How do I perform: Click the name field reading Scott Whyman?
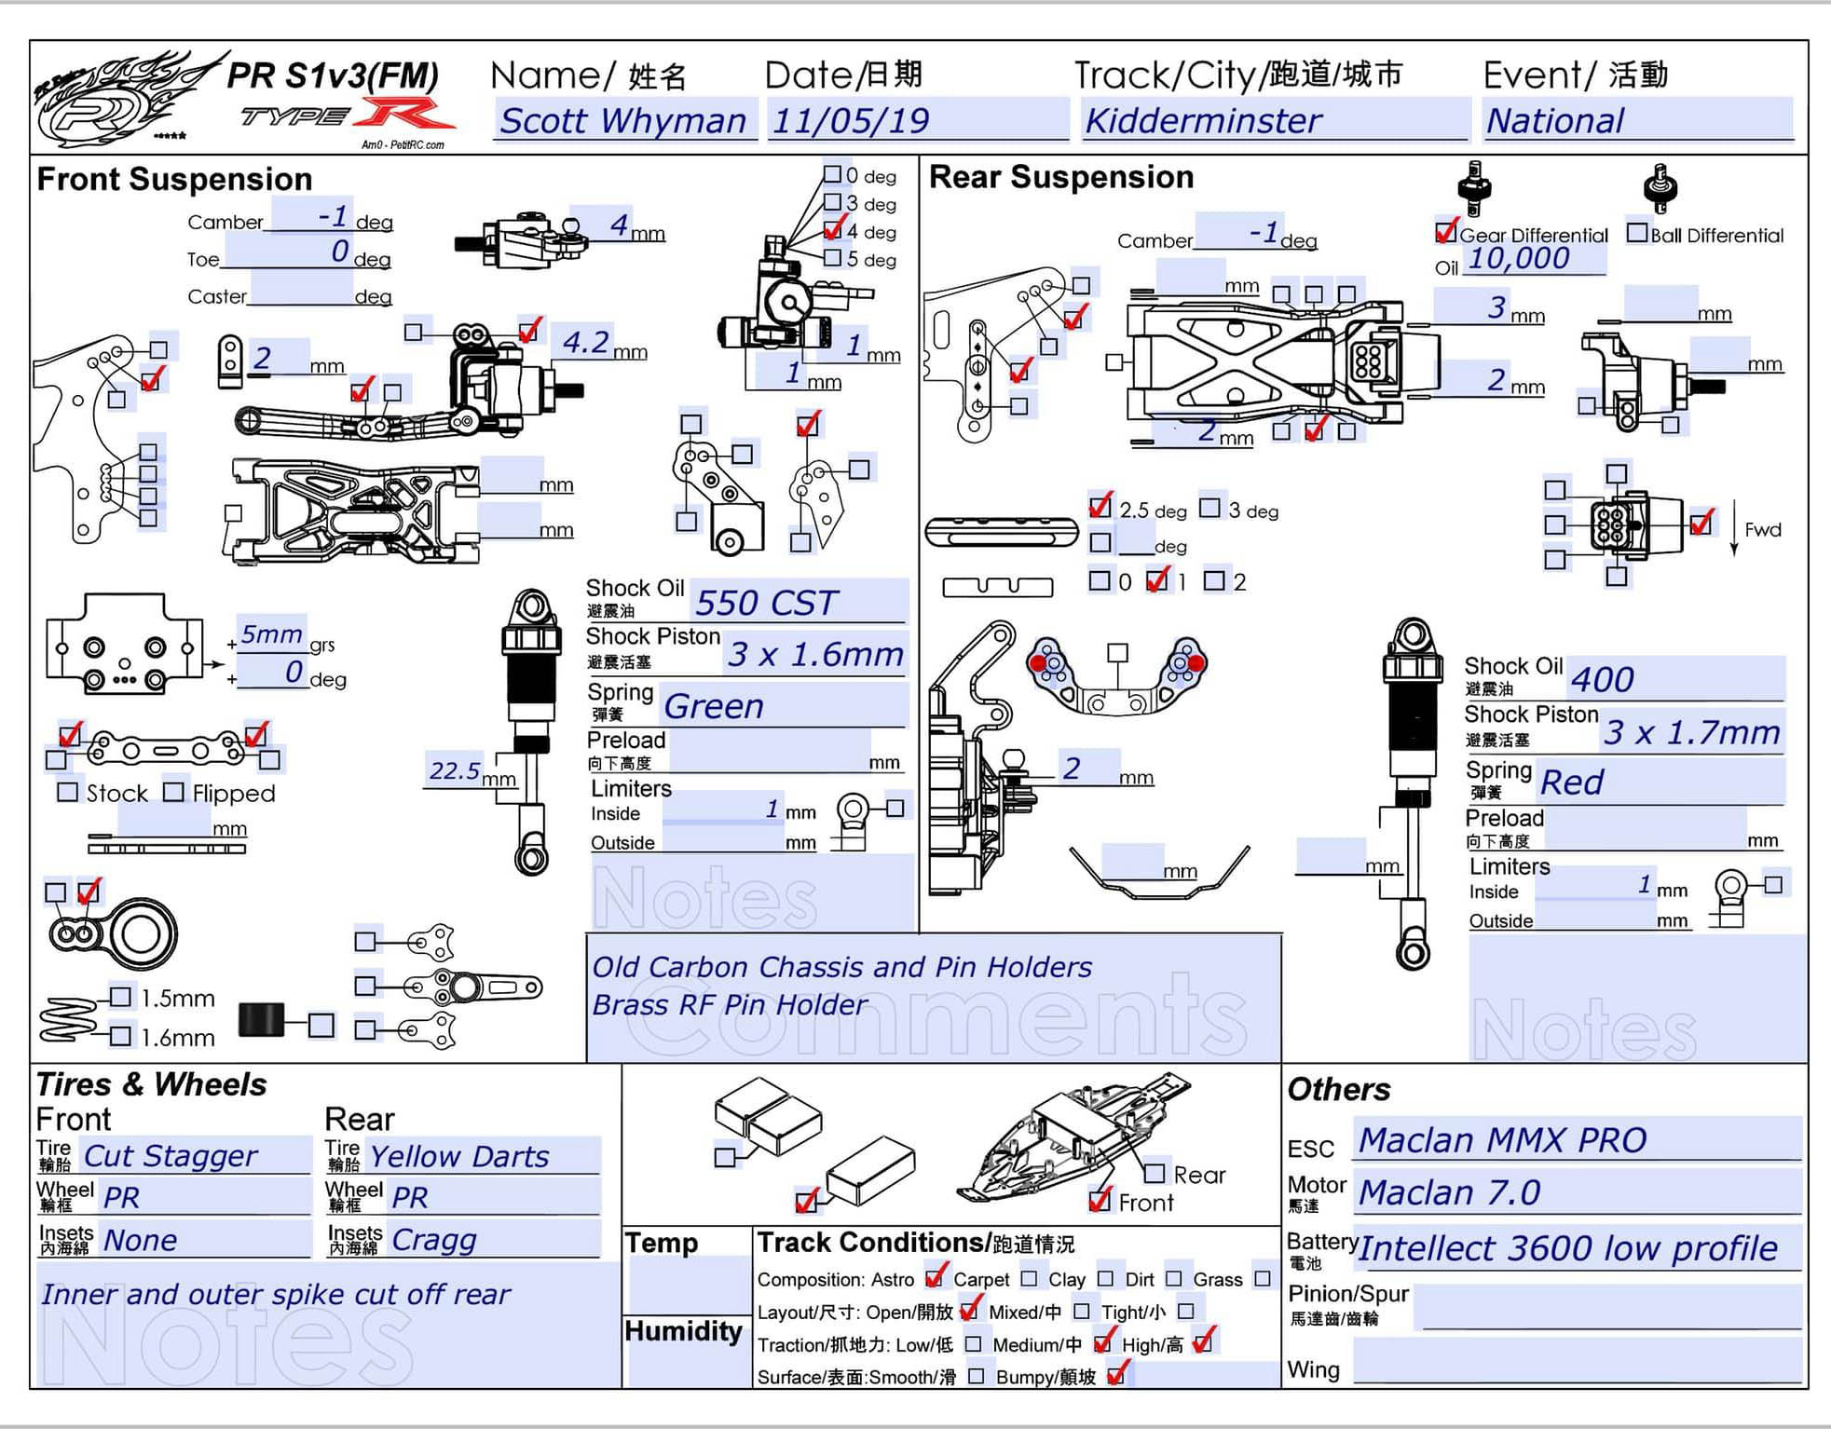tap(623, 121)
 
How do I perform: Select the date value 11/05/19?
tap(851, 121)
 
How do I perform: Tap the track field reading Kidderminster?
tap(1203, 121)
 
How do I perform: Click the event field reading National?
tap(1554, 121)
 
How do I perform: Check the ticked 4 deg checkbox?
tap(833, 229)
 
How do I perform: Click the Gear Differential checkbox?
tap(1446, 231)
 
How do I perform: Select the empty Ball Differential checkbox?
tap(1636, 232)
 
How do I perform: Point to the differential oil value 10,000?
tap(1519, 258)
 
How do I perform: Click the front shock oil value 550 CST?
tap(766, 603)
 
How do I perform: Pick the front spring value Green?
tap(714, 706)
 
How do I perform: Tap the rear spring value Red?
tap(1572, 783)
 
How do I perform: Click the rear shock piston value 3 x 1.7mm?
tap(1691, 733)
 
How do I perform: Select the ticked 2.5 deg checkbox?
tap(1100, 508)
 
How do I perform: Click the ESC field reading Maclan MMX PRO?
tap(1502, 1140)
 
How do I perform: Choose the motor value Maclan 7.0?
tap(1449, 1192)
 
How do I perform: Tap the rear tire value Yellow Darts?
tap(459, 1157)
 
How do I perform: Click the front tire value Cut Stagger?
tap(171, 1156)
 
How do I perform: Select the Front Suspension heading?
tap(174, 179)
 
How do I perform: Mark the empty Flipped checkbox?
tap(173, 792)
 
